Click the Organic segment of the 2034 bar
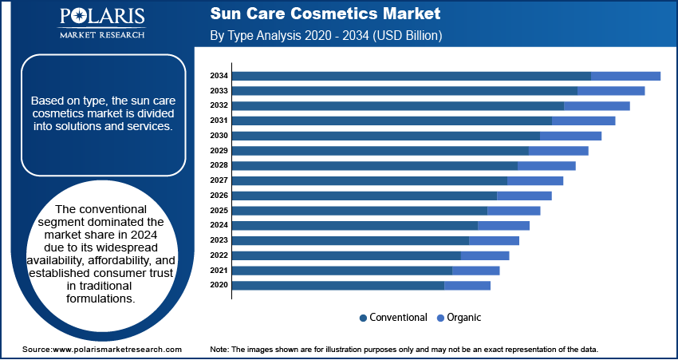point(625,76)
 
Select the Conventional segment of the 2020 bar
point(338,286)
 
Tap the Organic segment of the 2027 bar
point(535,181)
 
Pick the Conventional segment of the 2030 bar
point(387,136)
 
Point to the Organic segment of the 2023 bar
point(495,240)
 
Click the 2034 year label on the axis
point(219,76)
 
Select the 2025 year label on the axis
point(219,211)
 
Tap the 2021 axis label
point(219,271)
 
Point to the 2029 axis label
point(219,151)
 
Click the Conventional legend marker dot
point(363,318)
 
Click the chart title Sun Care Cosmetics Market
point(325,14)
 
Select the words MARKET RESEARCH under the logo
point(102,34)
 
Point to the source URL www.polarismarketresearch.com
point(116,349)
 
